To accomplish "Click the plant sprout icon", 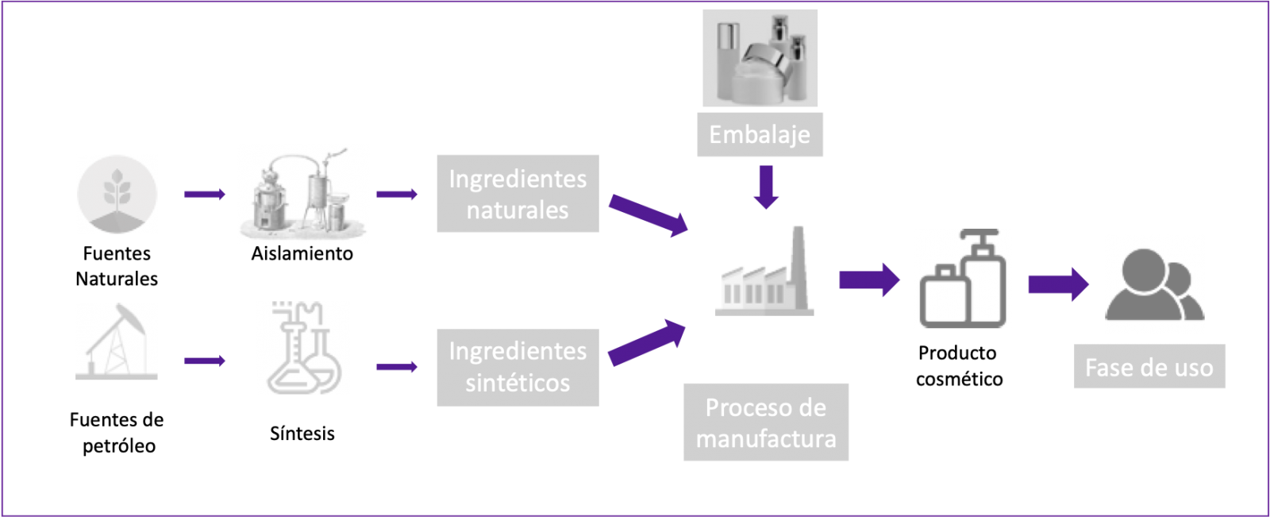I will [x=117, y=194].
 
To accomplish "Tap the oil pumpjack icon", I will [x=117, y=341].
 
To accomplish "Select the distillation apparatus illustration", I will [x=303, y=194].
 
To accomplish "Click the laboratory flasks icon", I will [x=303, y=348].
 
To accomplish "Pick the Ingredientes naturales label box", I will [x=518, y=194].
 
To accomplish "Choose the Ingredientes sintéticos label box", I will [x=518, y=368].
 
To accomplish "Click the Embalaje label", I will [x=760, y=134].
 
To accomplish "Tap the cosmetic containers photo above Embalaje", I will [x=760, y=58].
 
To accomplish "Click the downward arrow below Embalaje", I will [x=766, y=187].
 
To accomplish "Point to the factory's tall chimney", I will [x=799, y=262].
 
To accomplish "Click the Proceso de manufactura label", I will [x=765, y=422].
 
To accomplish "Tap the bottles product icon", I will [x=962, y=279].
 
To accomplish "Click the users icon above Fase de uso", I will [x=1154, y=284].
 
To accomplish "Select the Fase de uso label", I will [x=1149, y=367].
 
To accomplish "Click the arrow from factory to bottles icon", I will [x=869, y=280].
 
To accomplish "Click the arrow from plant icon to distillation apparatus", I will [x=205, y=194].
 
